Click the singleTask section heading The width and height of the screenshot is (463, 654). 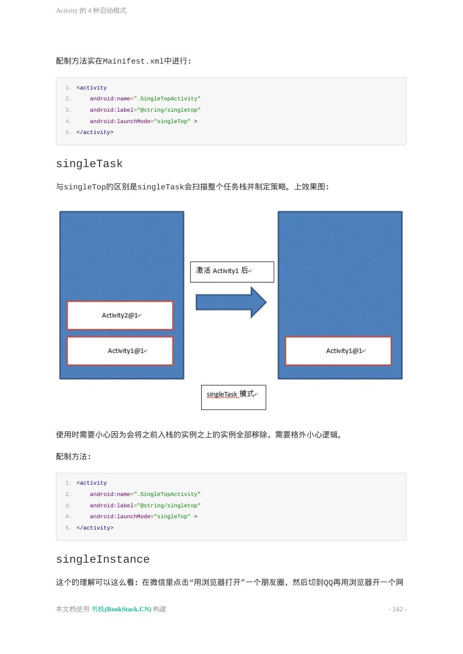(x=89, y=164)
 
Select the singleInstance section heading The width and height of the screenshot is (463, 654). (x=103, y=560)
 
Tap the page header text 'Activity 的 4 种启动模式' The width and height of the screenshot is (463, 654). (x=91, y=10)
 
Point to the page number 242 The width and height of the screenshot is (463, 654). (x=398, y=609)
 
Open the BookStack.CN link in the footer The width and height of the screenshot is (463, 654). (x=121, y=609)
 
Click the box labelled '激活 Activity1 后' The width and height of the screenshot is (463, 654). (x=232, y=272)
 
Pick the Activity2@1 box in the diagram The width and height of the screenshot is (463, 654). (x=120, y=315)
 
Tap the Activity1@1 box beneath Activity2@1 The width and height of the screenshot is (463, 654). (x=120, y=351)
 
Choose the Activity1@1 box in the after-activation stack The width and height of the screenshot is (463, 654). (x=338, y=351)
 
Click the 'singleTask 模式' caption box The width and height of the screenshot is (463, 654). (x=234, y=397)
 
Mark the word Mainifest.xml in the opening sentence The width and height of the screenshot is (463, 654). (x=133, y=61)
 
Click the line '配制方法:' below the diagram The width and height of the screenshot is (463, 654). (x=74, y=457)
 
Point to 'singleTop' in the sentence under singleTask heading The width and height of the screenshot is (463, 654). (x=85, y=187)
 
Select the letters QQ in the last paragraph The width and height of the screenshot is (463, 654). (x=328, y=583)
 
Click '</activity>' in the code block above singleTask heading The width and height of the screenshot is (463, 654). (x=95, y=133)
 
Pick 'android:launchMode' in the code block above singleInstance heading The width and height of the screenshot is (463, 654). (x=120, y=516)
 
